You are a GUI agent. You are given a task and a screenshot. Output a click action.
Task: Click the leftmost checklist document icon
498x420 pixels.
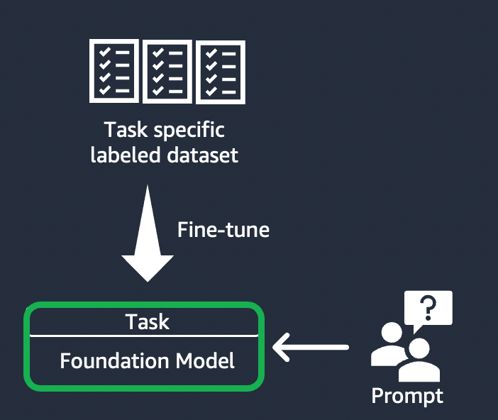point(114,71)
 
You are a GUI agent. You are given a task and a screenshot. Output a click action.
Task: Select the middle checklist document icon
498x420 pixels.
point(167,71)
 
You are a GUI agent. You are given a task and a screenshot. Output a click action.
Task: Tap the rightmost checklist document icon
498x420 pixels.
point(221,71)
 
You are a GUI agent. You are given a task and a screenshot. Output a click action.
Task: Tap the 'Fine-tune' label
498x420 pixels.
point(223,230)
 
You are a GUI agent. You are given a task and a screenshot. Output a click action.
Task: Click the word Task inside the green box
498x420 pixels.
point(148,321)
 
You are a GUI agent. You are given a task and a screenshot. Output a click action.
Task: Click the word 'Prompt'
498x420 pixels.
point(407,395)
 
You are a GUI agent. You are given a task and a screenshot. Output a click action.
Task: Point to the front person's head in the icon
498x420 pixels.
point(419,349)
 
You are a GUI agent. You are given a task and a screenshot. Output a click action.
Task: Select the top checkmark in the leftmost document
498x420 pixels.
point(104,52)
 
